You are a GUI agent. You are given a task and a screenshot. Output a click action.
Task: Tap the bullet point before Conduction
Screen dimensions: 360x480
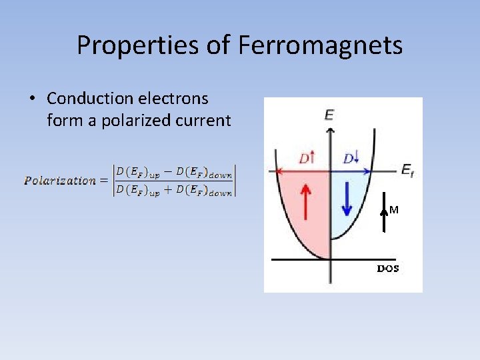pos(31,99)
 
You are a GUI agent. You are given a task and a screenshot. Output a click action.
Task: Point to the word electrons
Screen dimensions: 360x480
pos(173,99)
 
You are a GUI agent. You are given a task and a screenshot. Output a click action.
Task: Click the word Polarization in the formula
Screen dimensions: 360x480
pos(60,180)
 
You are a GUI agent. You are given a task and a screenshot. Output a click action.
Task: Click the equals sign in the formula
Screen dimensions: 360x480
pos(104,180)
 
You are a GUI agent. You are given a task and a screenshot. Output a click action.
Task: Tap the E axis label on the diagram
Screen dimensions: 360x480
pos(329,115)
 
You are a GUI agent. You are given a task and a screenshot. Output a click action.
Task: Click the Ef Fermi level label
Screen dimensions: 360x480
pos(407,171)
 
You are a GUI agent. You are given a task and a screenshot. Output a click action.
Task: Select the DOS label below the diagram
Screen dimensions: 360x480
pos(388,269)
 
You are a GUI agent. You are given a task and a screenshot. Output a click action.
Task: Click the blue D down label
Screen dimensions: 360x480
pos(351,159)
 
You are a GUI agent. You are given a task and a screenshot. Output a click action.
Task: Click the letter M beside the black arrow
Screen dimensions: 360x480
pos(394,210)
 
